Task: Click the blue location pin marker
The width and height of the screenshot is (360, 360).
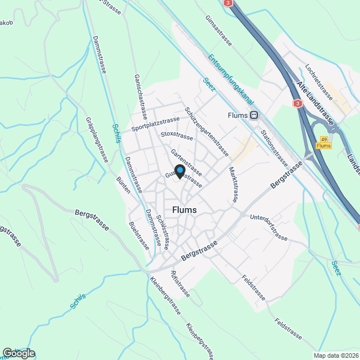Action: pyautogui.click(x=180, y=171)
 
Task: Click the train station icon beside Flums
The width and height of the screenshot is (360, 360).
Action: pyautogui.click(x=255, y=115)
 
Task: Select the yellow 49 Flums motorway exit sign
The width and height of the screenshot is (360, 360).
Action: pyautogui.click(x=323, y=142)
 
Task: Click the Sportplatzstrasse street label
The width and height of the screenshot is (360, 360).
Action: pyautogui.click(x=155, y=124)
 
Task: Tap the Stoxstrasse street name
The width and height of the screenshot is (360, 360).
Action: pyautogui.click(x=177, y=136)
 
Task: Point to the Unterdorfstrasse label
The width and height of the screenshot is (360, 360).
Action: pyautogui.click(x=268, y=226)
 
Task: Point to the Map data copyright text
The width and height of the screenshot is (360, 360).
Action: pyautogui.click(x=336, y=355)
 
